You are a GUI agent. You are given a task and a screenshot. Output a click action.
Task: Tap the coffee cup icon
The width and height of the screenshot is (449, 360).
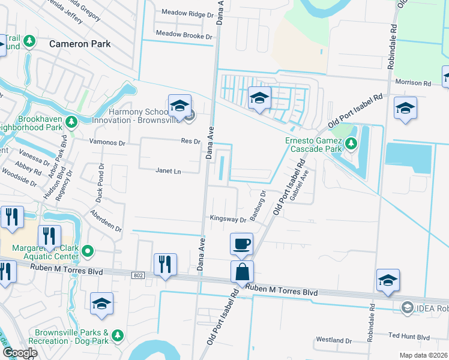[x=241, y=244]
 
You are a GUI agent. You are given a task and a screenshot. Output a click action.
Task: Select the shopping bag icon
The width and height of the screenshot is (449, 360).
[x=241, y=271]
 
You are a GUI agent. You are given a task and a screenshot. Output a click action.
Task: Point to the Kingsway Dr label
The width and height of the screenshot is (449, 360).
[x=228, y=219]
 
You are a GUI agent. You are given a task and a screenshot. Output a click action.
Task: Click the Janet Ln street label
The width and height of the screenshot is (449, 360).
[x=168, y=170]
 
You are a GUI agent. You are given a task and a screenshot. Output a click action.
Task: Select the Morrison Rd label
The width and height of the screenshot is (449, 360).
[x=413, y=83]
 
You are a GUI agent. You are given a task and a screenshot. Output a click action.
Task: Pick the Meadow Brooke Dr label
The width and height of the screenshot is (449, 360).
[x=184, y=36]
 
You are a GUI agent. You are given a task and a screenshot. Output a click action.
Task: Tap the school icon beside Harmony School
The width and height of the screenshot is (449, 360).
[x=179, y=106]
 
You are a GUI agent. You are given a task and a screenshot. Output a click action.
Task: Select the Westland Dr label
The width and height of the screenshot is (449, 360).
[x=333, y=340]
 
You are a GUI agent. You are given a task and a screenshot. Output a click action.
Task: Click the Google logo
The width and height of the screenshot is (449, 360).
[x=20, y=353]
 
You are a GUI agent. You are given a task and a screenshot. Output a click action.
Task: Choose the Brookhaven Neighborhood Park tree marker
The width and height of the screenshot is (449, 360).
[x=72, y=122]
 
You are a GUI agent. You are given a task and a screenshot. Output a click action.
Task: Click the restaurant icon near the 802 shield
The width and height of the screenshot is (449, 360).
[x=165, y=264]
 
